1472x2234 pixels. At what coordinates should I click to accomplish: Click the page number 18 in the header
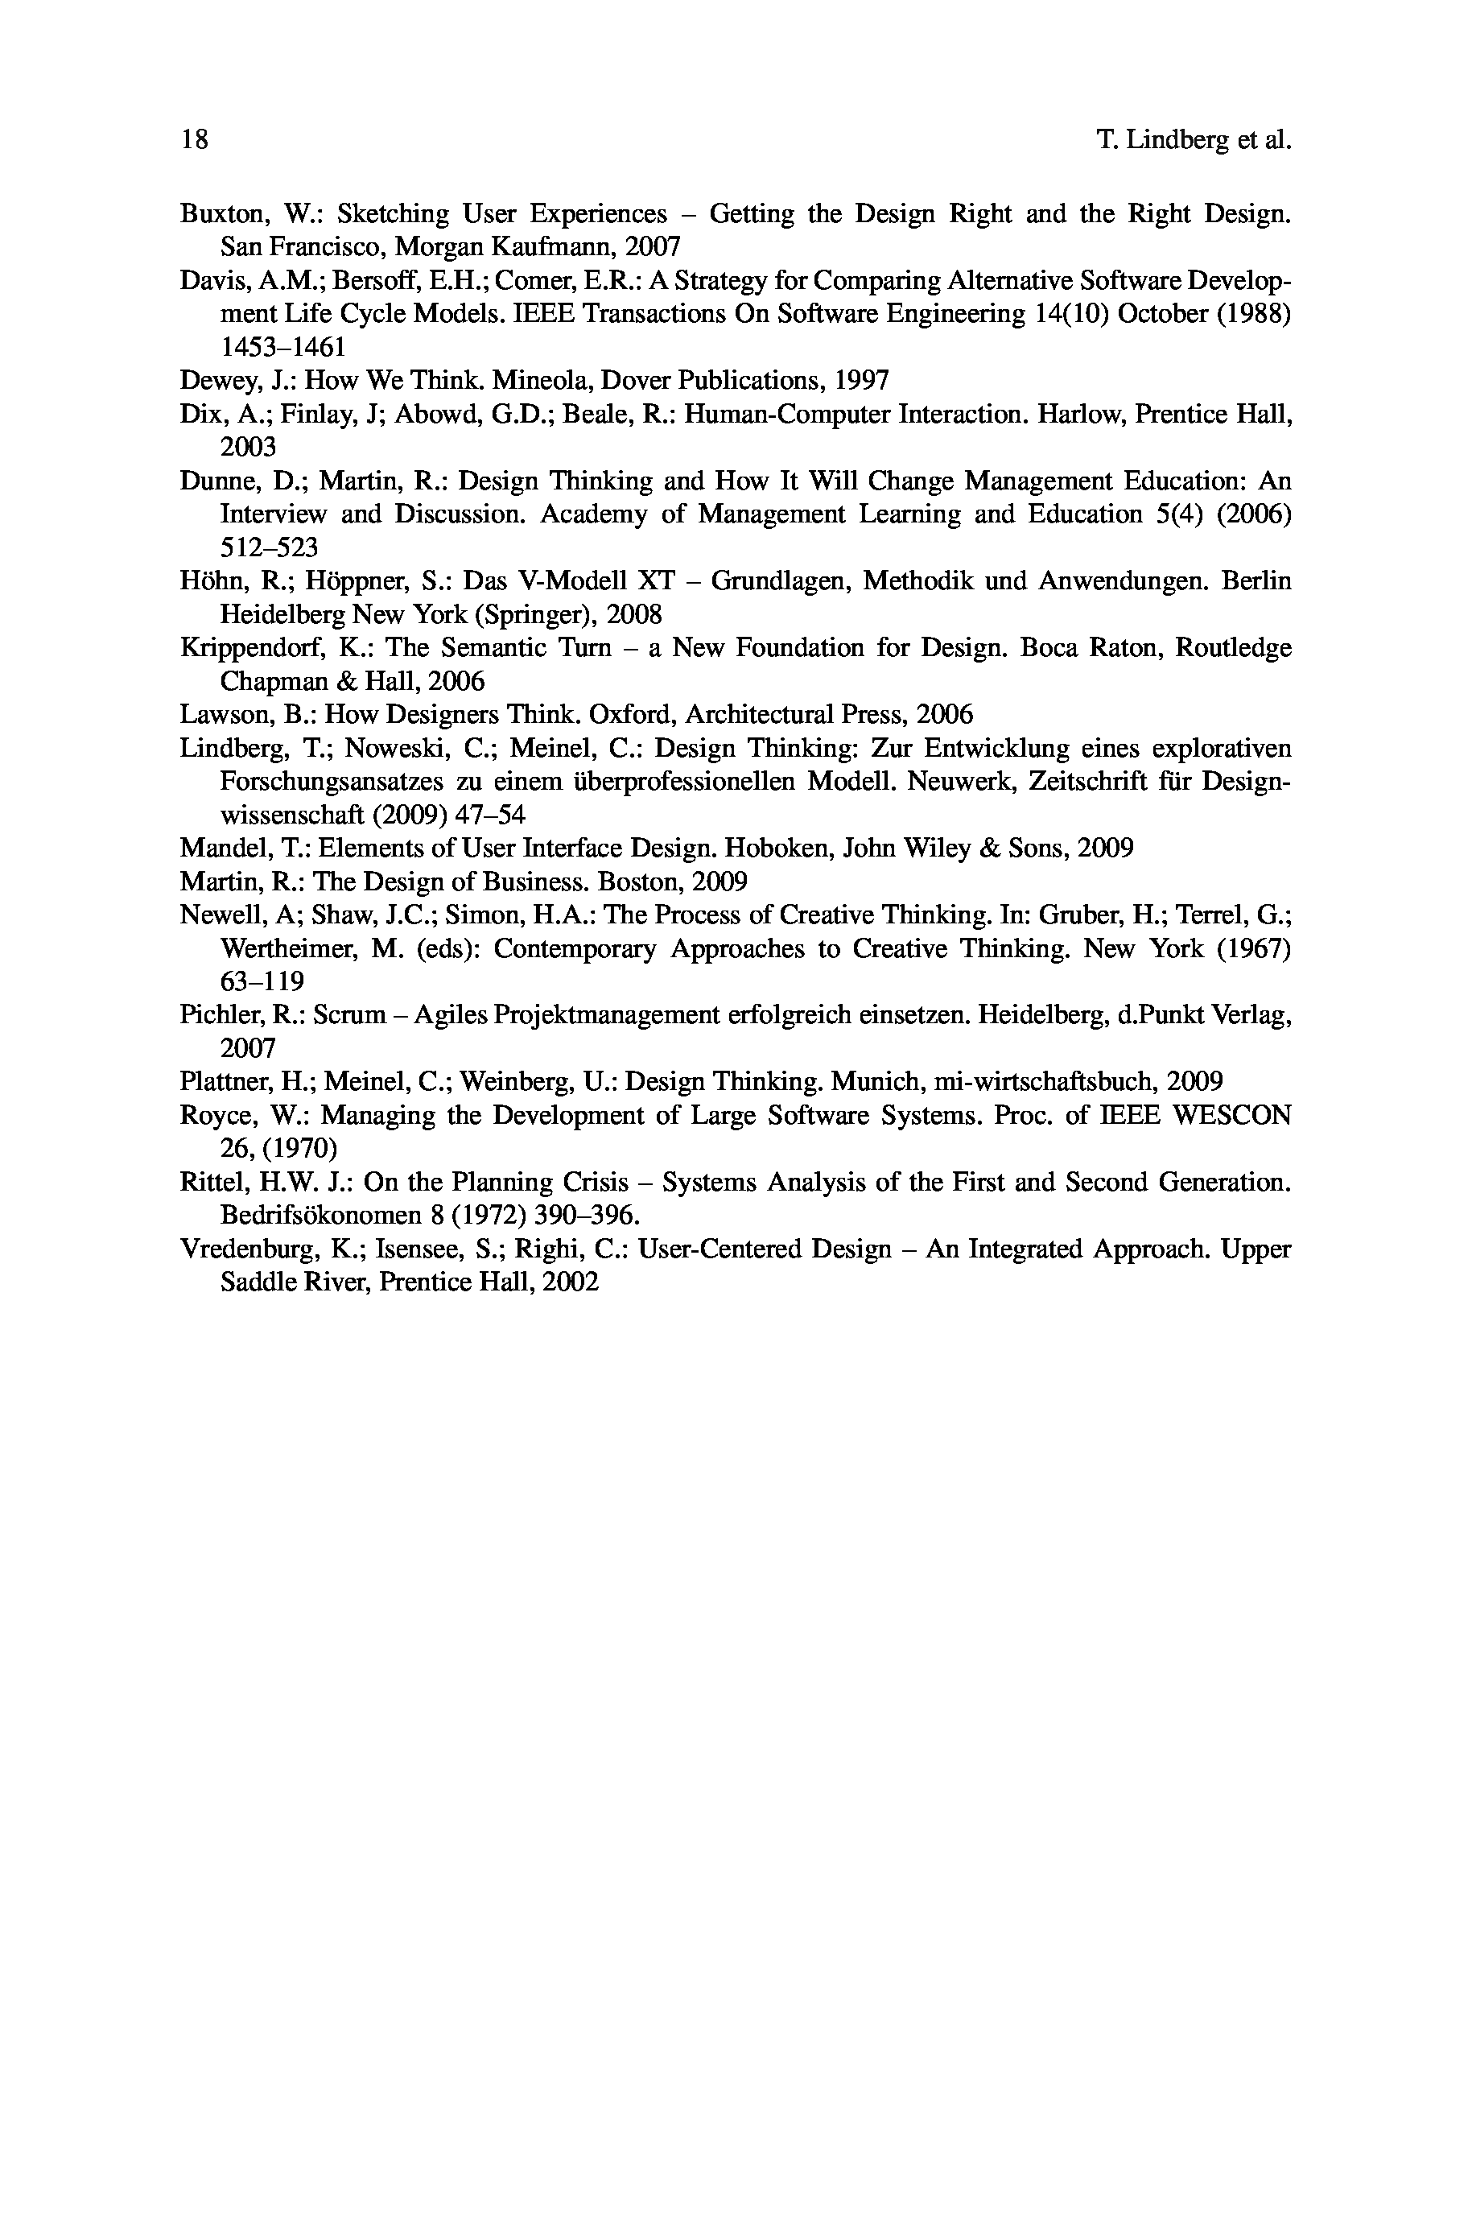pyautogui.click(x=193, y=141)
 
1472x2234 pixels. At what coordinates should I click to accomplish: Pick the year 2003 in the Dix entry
pyautogui.click(x=248, y=447)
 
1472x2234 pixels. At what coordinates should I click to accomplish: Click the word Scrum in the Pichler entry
pyautogui.click(x=350, y=1015)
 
